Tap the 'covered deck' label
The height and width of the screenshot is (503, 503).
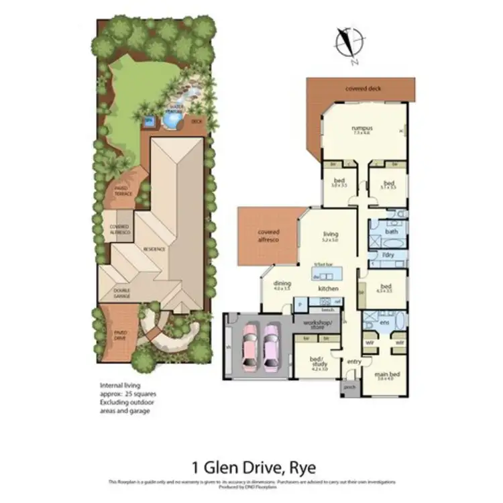[360, 89]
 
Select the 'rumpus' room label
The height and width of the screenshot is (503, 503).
[362, 128]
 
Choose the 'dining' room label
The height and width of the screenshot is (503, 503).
[282, 284]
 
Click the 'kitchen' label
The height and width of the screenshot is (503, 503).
[328, 288]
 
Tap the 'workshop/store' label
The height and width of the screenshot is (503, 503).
[318, 325]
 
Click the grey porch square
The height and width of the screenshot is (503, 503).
[349, 388]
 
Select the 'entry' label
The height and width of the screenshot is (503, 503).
[353, 362]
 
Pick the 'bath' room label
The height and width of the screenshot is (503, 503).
[392, 231]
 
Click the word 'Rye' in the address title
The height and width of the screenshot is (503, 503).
[301, 467]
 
